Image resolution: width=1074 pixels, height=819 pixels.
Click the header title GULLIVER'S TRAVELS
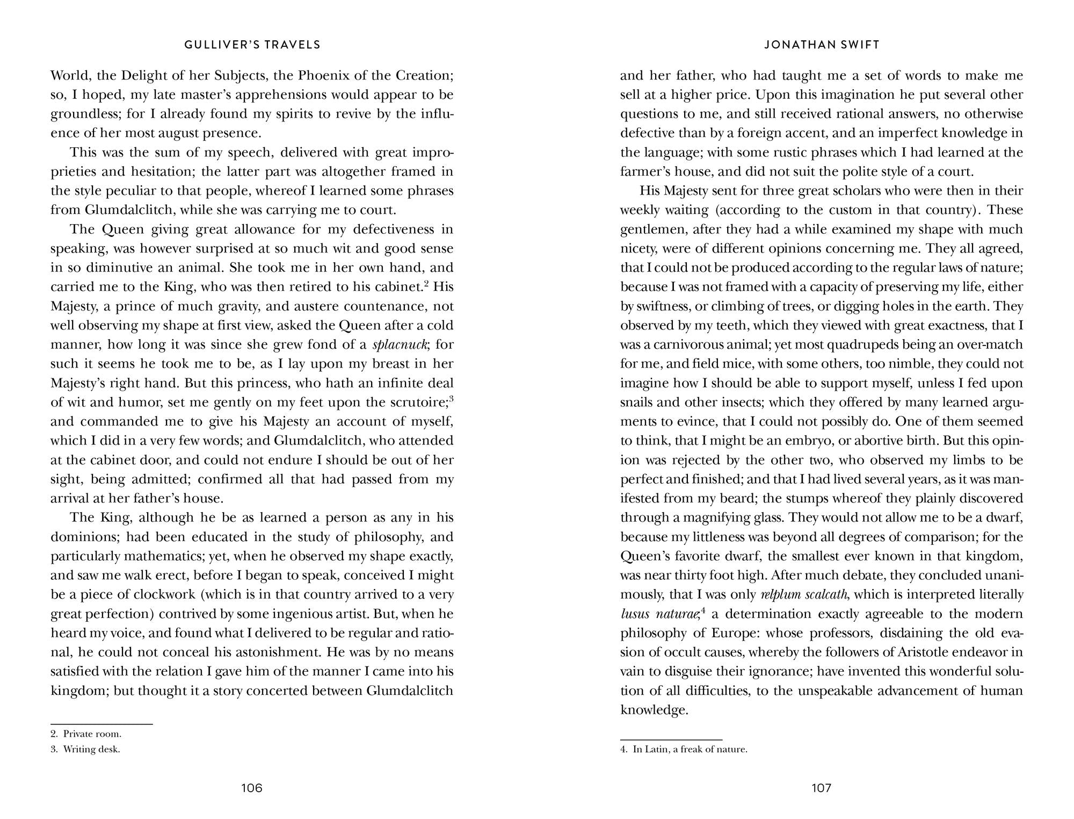coord(252,45)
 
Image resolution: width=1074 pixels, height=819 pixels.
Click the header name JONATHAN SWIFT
coord(822,45)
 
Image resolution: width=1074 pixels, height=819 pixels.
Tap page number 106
coord(252,788)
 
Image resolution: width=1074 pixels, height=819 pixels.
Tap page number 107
coord(822,788)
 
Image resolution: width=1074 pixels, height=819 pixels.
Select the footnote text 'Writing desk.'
coord(92,749)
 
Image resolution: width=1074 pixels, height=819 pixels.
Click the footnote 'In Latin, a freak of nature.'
coord(690,749)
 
